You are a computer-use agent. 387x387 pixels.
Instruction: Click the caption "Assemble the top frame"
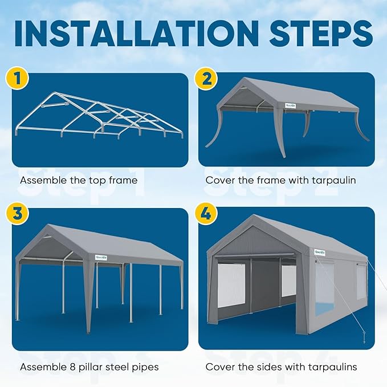point(79,181)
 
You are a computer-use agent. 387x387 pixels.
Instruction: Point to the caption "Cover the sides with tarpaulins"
point(281,367)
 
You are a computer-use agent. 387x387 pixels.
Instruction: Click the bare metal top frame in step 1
point(100,117)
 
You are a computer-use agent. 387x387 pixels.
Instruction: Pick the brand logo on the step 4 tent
point(319,251)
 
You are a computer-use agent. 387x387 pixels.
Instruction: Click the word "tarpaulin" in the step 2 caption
point(335,181)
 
